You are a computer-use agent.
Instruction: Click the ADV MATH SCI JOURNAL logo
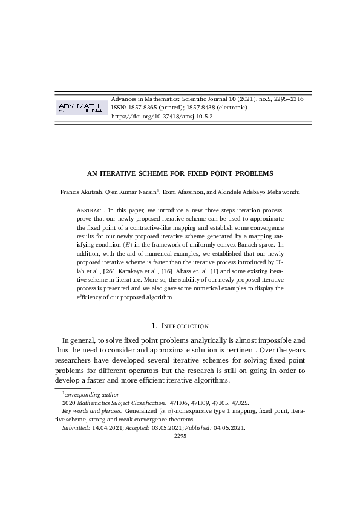pos(81,108)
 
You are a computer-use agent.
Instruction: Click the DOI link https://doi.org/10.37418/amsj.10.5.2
pos(162,117)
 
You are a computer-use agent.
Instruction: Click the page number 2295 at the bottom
pos(180,435)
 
